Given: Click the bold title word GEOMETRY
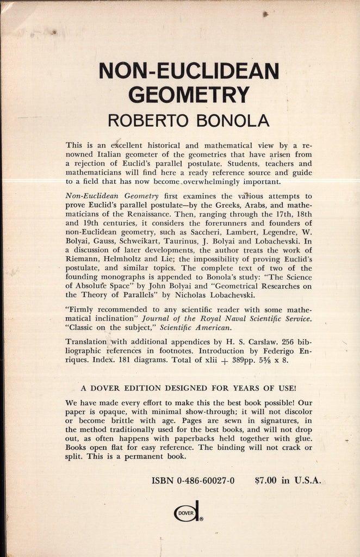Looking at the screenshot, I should (x=189, y=94).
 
